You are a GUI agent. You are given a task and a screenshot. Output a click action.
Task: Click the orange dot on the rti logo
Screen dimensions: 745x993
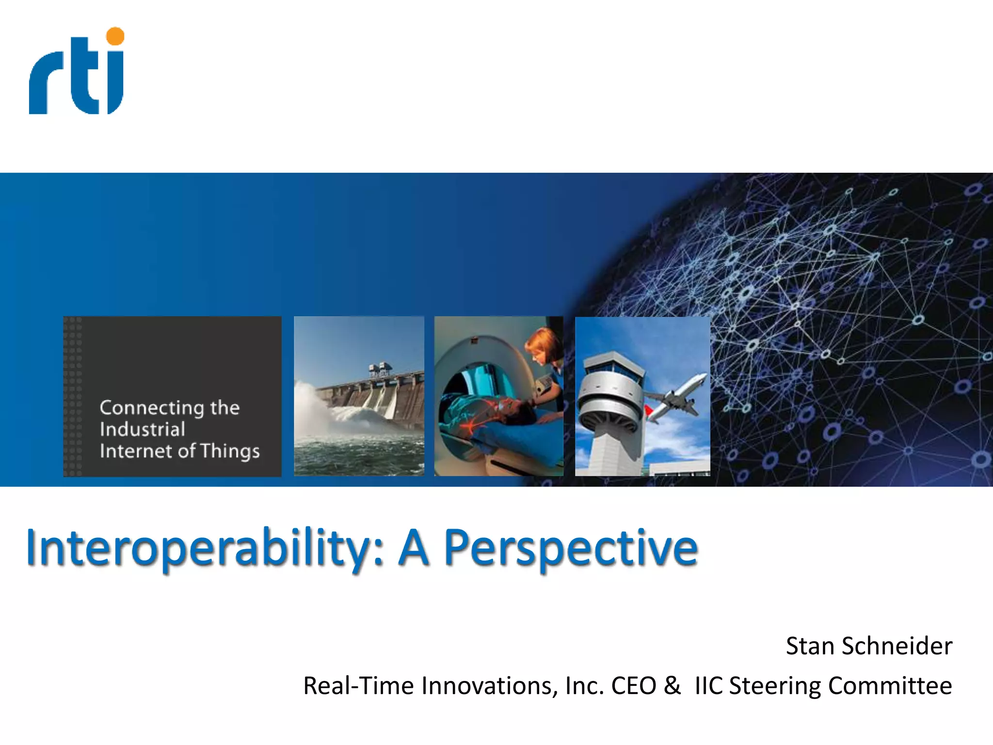click(115, 36)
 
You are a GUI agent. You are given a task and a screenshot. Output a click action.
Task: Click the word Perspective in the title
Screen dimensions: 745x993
click(571, 548)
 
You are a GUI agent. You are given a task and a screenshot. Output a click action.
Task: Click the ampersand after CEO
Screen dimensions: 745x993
click(672, 686)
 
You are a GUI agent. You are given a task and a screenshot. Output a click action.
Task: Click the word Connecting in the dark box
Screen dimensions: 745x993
click(152, 408)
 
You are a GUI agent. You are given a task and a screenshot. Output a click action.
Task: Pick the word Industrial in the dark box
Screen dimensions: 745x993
click(142, 429)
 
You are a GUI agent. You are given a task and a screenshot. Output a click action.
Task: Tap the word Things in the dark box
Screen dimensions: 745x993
click(230, 451)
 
